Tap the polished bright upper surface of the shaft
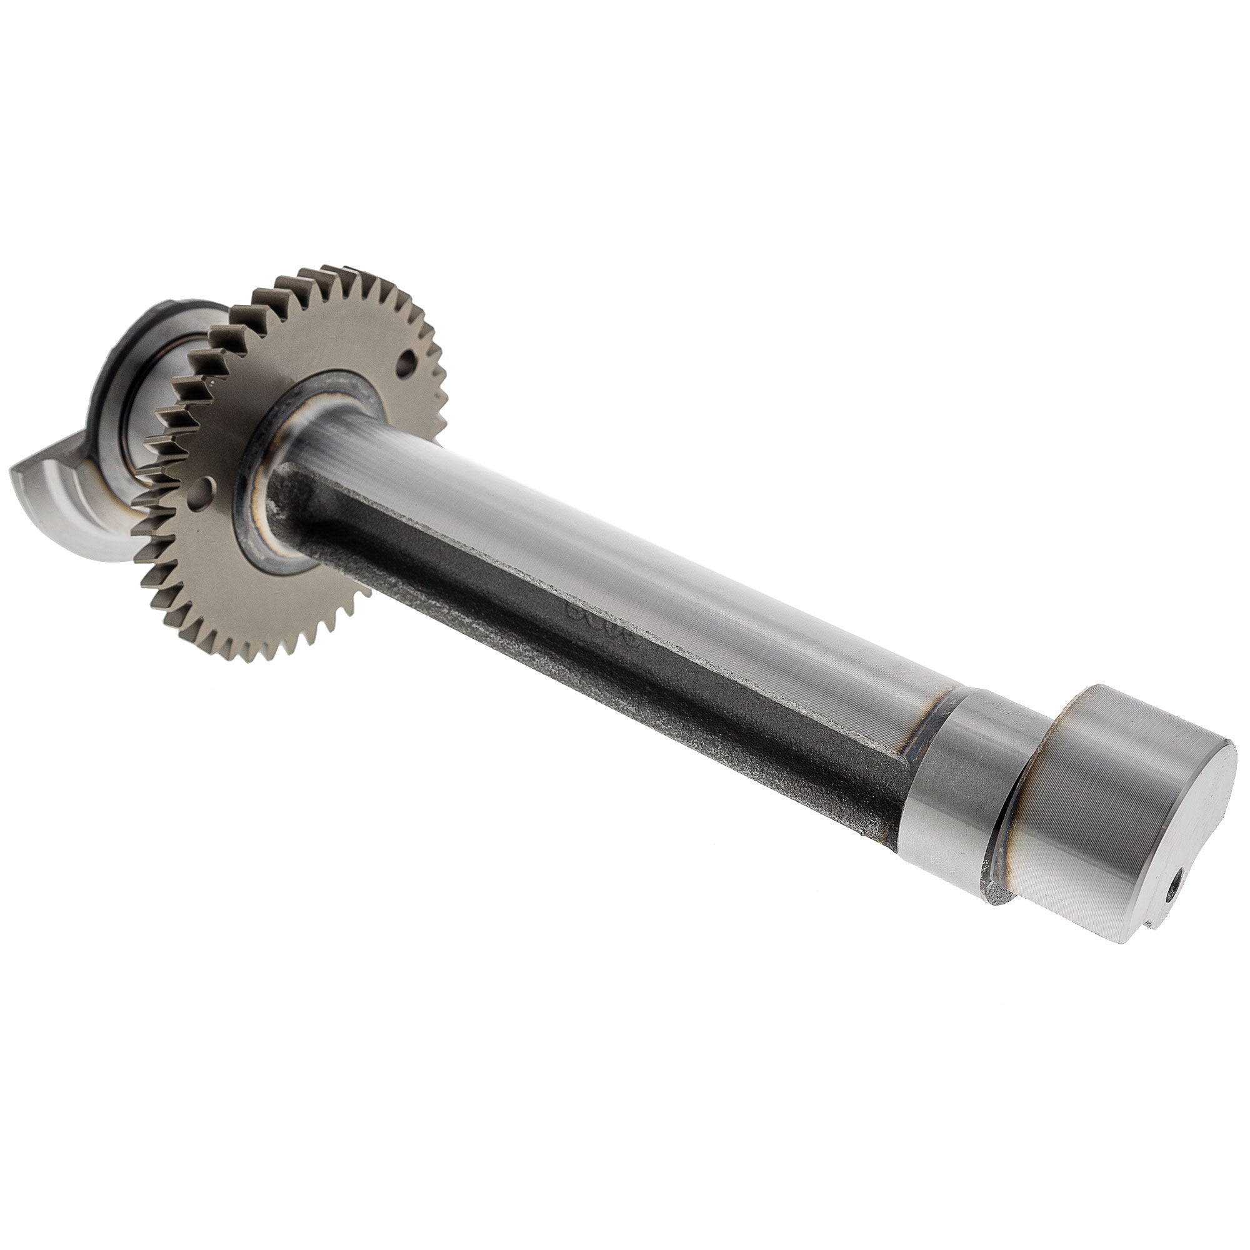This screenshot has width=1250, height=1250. pos(647,550)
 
